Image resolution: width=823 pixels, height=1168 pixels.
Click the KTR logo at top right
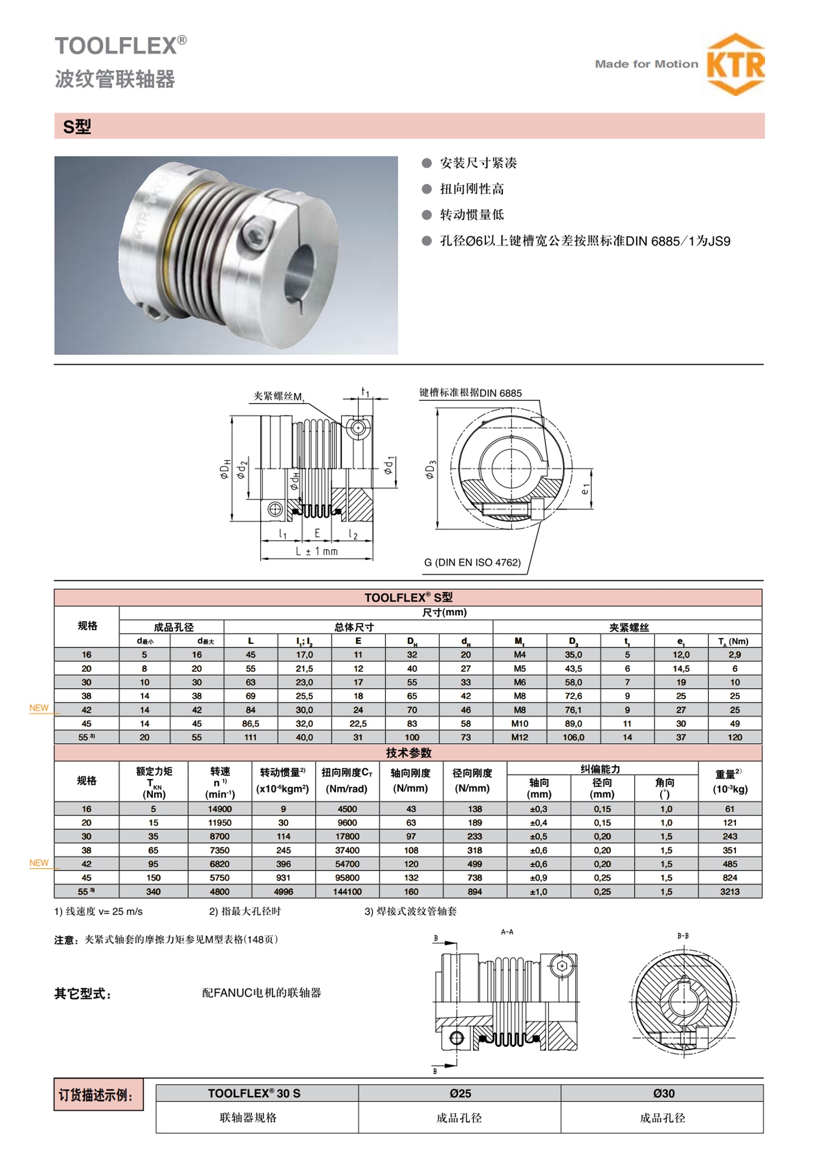pyautogui.click(x=735, y=64)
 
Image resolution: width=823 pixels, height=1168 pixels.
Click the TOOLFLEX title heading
pyautogui.click(x=121, y=45)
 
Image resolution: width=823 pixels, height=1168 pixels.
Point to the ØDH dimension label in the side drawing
pyautogui.click(x=224, y=469)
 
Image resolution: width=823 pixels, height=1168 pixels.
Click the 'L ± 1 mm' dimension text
pyautogui.click(x=317, y=551)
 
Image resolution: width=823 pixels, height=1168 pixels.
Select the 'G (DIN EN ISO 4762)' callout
pyautogui.click(x=472, y=563)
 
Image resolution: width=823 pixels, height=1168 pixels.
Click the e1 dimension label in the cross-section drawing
pyautogui.click(x=585, y=489)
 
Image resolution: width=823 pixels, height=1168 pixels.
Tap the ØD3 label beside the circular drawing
pyautogui.click(x=430, y=470)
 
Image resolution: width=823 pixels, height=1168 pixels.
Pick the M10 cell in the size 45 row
pyautogui.click(x=519, y=723)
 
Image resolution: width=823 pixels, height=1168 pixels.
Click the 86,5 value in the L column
pyautogui.click(x=250, y=723)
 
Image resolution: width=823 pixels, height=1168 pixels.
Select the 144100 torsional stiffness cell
pyautogui.click(x=347, y=892)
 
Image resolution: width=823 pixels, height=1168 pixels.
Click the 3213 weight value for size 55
pyautogui.click(x=729, y=892)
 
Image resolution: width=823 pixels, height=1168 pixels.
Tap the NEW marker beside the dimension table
pyautogui.click(x=39, y=708)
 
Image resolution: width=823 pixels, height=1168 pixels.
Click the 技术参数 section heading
pyautogui.click(x=408, y=753)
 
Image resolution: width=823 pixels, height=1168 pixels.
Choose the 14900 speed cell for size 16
pyautogui.click(x=219, y=809)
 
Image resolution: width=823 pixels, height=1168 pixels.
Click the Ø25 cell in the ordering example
pyautogui.click(x=460, y=1093)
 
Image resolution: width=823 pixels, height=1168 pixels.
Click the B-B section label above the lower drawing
pyautogui.click(x=682, y=936)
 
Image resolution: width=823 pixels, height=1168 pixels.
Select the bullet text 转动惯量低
pyautogui.click(x=472, y=215)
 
